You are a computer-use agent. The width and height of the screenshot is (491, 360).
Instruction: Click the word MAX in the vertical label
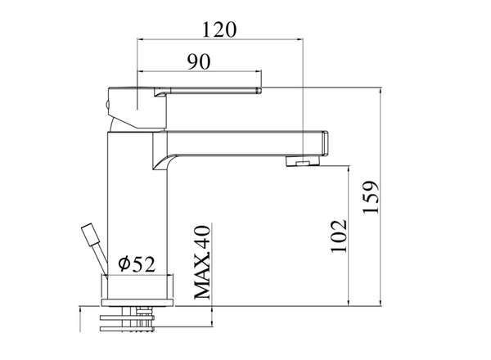click(202, 281)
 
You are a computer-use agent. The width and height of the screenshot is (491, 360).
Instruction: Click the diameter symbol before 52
click(123, 264)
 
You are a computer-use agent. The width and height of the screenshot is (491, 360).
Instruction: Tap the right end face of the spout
click(325, 143)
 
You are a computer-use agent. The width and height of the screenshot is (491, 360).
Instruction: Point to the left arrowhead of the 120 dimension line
click(140, 39)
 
